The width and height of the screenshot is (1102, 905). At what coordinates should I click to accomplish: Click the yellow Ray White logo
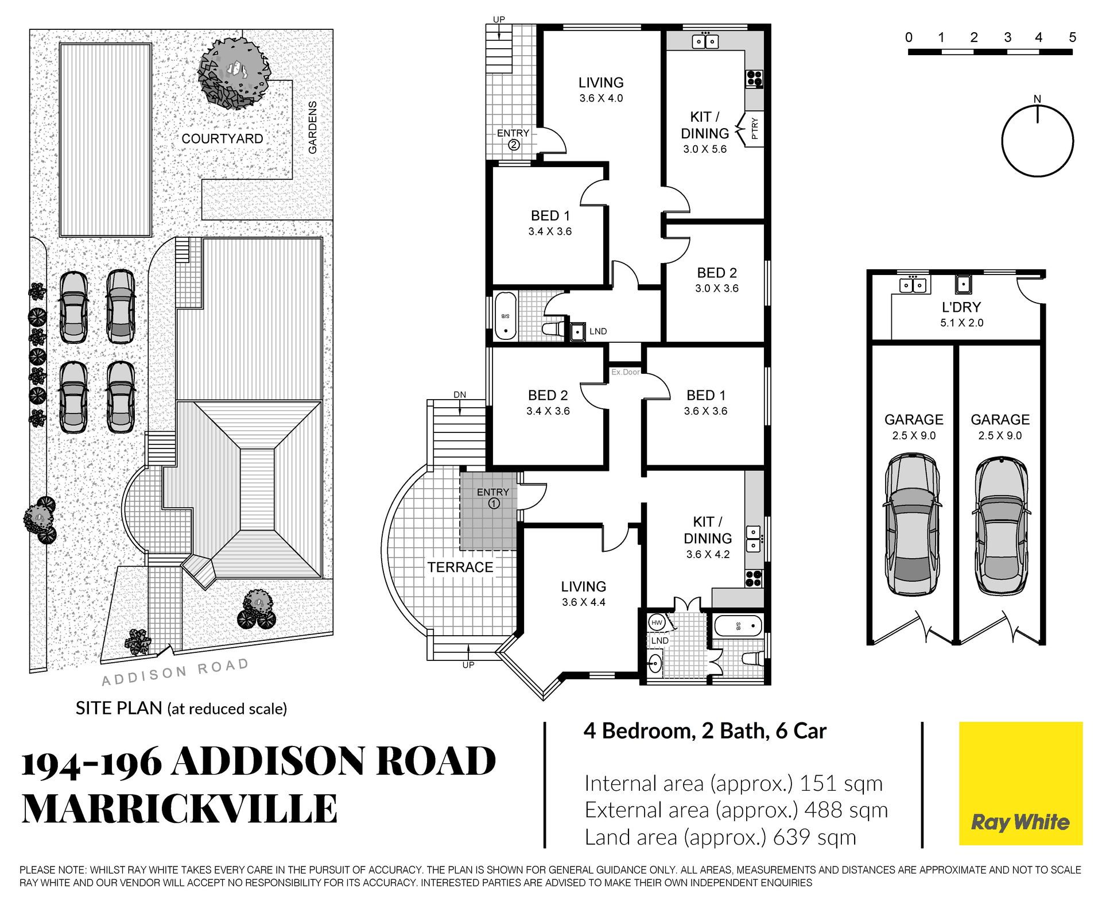coord(1020,783)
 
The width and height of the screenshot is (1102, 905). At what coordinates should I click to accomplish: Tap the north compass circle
coord(1037,141)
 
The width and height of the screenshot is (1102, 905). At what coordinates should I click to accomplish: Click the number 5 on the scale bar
coord(1072,38)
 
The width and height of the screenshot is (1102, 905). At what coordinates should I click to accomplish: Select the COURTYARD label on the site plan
coord(222,139)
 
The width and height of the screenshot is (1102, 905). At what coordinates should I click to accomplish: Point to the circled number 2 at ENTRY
coord(514,145)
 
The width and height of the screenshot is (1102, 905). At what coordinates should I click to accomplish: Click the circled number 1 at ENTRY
coord(494,504)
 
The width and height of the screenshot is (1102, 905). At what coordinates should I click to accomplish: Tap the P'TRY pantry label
coord(755,129)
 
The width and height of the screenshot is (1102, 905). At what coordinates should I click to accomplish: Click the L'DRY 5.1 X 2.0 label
coord(961,314)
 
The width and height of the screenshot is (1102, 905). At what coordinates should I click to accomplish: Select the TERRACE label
coord(460,567)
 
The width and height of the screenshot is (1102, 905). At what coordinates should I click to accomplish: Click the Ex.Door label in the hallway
coord(625,372)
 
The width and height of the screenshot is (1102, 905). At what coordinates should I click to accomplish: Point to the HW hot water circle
coord(657,622)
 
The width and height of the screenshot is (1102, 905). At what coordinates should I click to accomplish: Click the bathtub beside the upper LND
coord(506,316)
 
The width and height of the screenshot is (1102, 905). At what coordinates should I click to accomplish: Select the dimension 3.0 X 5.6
coord(704,149)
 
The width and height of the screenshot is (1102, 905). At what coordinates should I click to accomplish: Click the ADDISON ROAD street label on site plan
coord(175,672)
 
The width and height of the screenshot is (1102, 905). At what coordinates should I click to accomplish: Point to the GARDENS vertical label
coord(313,127)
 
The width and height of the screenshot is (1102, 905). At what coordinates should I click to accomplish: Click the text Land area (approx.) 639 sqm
coord(720,837)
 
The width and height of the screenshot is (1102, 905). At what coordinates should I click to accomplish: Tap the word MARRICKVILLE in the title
coord(179,809)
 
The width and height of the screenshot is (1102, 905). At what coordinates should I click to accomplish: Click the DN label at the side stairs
coord(460,395)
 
